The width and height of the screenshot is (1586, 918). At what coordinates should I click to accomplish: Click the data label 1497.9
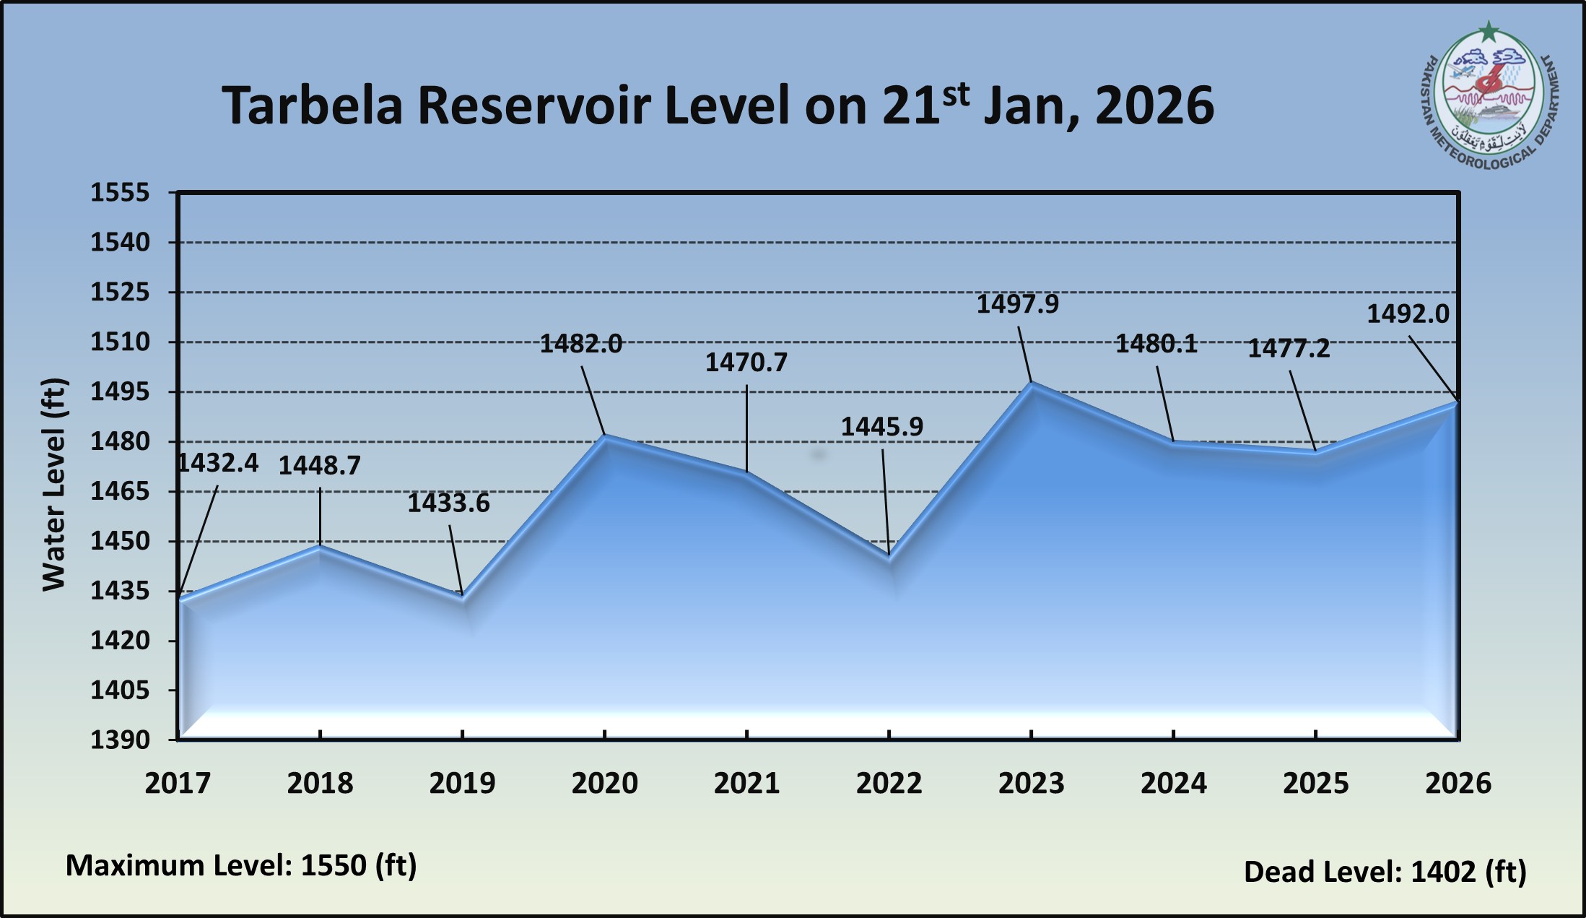pyautogui.click(x=1017, y=304)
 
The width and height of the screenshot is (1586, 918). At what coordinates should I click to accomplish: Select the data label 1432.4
pyautogui.click(x=218, y=463)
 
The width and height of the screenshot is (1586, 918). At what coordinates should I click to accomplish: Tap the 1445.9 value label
pyautogui.click(x=881, y=427)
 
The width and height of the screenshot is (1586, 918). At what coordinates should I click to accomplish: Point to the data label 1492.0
pyautogui.click(x=1408, y=314)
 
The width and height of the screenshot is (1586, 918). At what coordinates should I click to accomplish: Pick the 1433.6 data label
pyautogui.click(x=448, y=503)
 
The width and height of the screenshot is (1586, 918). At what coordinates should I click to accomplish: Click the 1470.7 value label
pyautogui.click(x=746, y=362)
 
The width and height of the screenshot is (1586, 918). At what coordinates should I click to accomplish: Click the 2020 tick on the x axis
pyautogui.click(x=604, y=783)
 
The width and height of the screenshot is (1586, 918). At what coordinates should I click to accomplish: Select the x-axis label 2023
pyautogui.click(x=1031, y=783)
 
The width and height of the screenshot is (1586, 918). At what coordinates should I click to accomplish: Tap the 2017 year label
pyautogui.click(x=178, y=783)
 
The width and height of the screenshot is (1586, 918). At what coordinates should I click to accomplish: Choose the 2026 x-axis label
pyautogui.click(x=1458, y=783)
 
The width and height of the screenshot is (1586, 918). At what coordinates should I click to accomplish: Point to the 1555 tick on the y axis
pyautogui.click(x=120, y=193)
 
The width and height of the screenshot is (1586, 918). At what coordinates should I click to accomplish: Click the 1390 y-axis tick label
pyautogui.click(x=120, y=740)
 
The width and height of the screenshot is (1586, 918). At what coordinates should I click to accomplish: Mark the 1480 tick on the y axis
pyautogui.click(x=120, y=441)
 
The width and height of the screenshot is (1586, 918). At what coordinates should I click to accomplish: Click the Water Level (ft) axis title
pyautogui.click(x=54, y=484)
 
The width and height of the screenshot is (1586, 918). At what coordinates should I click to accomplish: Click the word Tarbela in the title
pyautogui.click(x=312, y=106)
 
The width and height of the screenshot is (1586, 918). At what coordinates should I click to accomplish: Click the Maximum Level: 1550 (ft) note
pyautogui.click(x=241, y=865)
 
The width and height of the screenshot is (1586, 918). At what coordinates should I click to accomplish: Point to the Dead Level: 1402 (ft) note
pyautogui.click(x=1385, y=872)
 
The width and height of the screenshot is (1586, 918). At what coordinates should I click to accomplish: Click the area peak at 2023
pyautogui.click(x=1032, y=383)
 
